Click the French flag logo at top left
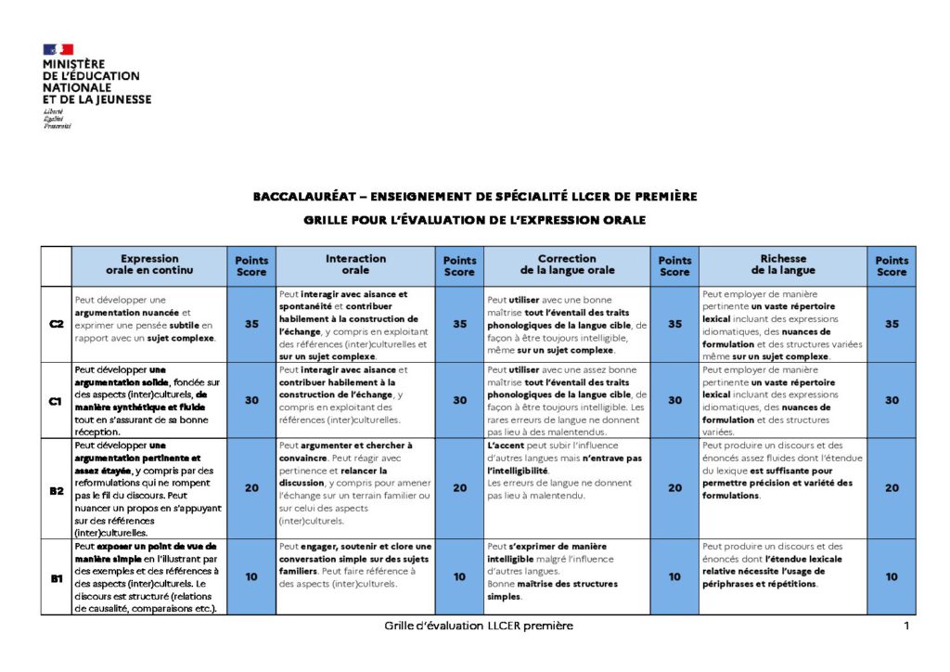[58, 49]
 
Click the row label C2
[56, 324]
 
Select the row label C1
[56, 400]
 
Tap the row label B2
[56, 488]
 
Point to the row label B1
[56, 576]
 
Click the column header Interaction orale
[355, 265]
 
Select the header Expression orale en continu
[149, 265]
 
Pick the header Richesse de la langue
[783, 265]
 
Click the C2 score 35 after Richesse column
[892, 324]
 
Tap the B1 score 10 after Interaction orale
[459, 576]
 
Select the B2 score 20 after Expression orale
[251, 488]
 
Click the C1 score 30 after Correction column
[674, 400]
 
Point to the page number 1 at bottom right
[905, 626]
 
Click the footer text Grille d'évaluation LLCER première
[479, 626]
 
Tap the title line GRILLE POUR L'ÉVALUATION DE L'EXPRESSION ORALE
[474, 220]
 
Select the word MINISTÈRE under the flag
[74, 64]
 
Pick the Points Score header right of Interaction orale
[459, 265]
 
